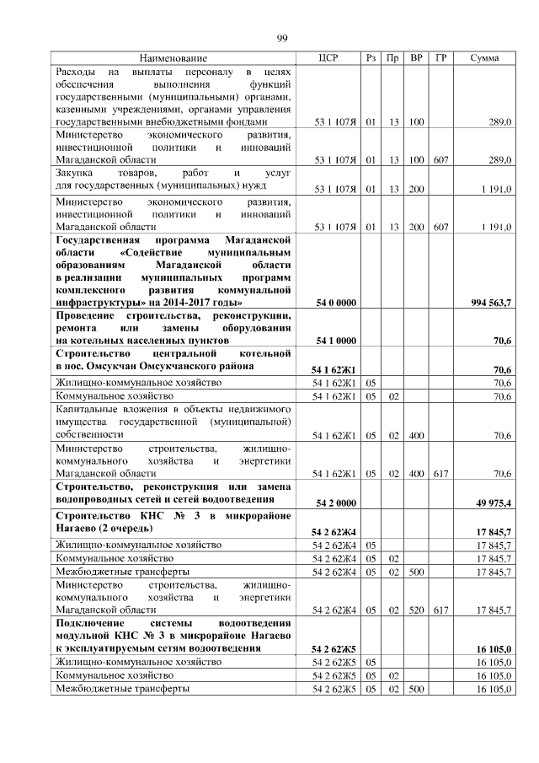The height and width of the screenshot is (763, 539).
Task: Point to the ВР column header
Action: [x=415, y=58]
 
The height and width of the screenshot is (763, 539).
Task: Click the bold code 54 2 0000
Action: [x=334, y=503]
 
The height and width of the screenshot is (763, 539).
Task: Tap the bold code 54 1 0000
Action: [x=334, y=341]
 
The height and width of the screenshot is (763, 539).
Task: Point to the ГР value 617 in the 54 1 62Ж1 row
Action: [x=440, y=474]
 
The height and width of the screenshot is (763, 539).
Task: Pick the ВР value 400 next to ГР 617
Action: [x=415, y=474]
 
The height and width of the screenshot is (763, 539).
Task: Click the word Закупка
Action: [x=74, y=173]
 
